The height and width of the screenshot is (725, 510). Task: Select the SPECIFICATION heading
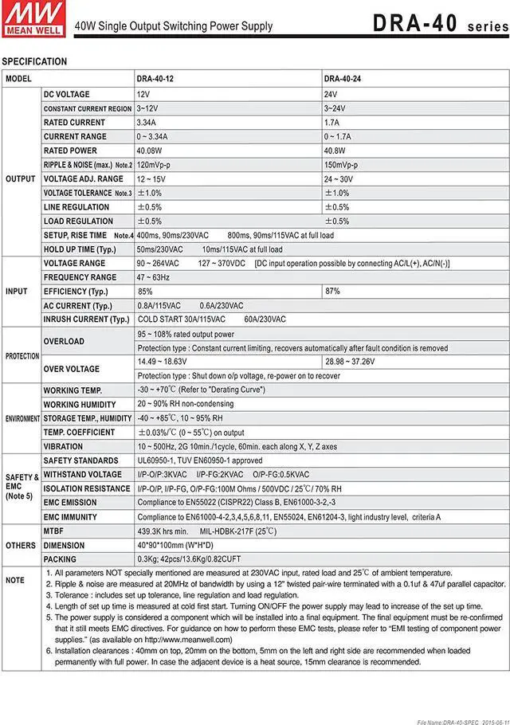(34, 61)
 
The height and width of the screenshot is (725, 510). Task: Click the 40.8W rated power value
(335, 151)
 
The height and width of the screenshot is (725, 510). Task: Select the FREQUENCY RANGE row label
(80, 277)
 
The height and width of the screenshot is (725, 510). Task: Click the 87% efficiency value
(332, 292)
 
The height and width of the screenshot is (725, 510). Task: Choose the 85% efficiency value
(145, 292)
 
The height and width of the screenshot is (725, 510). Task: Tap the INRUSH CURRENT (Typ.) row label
(86, 319)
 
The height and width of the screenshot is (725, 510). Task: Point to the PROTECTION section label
(22, 355)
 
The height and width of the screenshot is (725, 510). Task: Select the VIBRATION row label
(63, 447)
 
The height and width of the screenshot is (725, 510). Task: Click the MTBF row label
(55, 531)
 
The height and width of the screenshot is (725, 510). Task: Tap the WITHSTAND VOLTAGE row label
(83, 475)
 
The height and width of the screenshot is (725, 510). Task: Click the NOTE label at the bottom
(15, 580)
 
